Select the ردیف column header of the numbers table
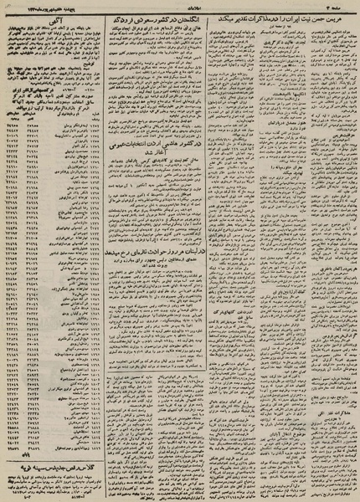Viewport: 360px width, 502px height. pyautogui.click(x=93, y=107)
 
